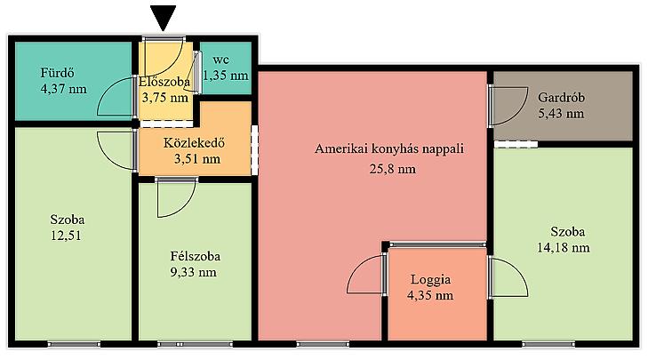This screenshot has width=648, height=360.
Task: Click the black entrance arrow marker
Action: pos(164,18)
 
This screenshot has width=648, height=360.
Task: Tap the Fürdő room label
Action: pos(58,73)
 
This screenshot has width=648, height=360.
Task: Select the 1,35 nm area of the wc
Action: pos(226,76)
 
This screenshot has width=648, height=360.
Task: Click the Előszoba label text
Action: pos(164,82)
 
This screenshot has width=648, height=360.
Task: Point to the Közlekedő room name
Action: pos(195,143)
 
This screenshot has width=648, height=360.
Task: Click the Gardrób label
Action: pos(561,98)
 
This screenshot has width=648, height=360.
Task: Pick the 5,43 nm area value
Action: pos(561,114)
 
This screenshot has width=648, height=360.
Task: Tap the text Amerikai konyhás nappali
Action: pos(388,148)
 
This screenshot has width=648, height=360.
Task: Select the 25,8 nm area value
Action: pos(393,169)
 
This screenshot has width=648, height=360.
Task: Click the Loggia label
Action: pos(430,280)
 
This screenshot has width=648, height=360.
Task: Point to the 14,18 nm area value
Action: pos(564,248)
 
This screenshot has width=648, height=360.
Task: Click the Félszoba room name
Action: pos(195,256)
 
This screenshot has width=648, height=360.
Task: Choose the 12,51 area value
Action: pos(66,236)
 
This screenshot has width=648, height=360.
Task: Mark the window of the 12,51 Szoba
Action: pos(74,344)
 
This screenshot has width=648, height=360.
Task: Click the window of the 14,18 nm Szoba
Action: pos(548,344)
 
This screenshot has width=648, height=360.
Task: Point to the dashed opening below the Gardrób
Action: pos(516,144)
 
